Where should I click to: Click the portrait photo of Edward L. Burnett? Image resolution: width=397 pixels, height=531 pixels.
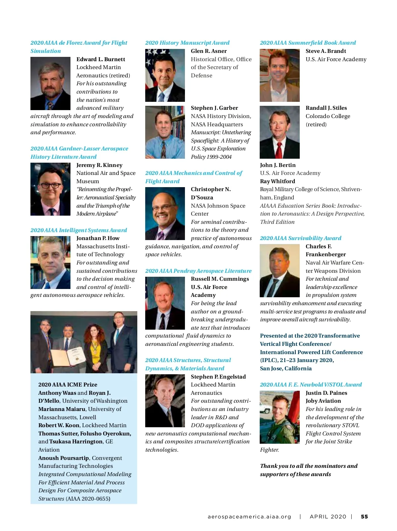point(50,83)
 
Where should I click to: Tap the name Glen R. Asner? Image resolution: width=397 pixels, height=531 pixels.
point(209,51)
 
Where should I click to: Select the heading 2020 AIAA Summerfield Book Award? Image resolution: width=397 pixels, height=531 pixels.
point(308,43)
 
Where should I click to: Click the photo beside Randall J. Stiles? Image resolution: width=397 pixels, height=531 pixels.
point(280,132)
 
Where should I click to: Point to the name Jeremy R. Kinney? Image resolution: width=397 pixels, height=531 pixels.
point(99,165)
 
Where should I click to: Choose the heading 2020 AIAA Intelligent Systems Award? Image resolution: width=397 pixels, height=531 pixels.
point(79,230)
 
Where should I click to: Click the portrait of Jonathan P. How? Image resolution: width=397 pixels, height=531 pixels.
point(50,263)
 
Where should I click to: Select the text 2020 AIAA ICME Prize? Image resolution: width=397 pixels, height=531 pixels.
point(68,385)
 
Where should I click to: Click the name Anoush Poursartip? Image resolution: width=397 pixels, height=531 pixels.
point(64,458)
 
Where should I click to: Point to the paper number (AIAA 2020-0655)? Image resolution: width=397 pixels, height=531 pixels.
point(88,499)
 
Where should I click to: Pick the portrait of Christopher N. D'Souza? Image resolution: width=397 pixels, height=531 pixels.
point(165,214)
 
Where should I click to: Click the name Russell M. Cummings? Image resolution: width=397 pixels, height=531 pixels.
point(220,279)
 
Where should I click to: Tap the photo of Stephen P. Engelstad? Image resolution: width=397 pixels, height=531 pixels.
point(165,400)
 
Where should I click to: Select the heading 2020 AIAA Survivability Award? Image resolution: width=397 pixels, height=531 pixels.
point(300,238)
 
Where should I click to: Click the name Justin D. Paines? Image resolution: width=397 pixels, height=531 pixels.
point(326,393)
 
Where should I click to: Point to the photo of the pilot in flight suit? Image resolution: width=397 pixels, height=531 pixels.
point(280,417)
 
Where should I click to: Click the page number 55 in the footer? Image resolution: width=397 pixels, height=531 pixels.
point(364,516)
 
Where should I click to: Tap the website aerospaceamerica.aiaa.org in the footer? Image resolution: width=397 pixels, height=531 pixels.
point(249,516)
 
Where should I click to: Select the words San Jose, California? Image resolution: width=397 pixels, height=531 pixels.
point(286,368)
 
